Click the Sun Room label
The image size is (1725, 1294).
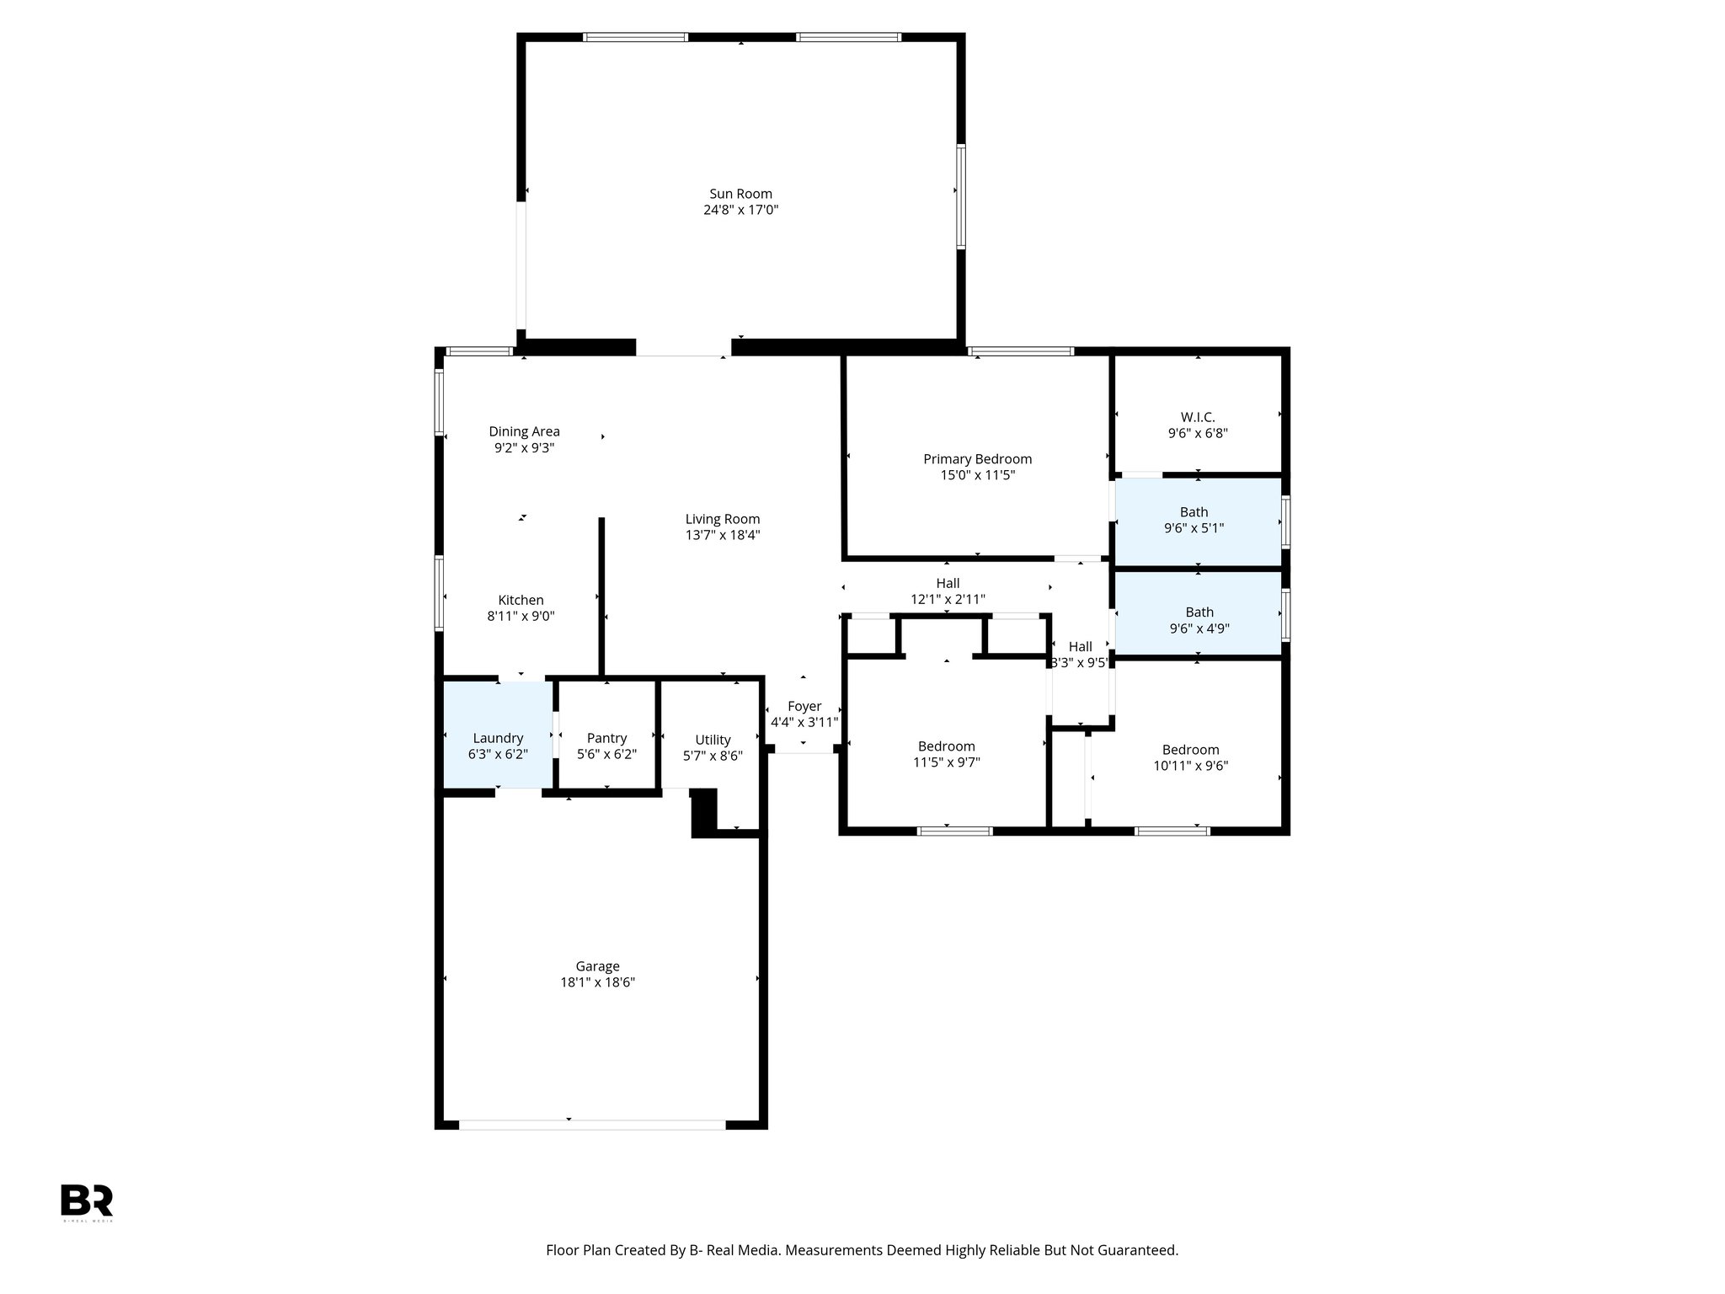(740, 194)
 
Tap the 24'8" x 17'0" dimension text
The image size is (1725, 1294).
(740, 211)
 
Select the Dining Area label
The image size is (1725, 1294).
(524, 431)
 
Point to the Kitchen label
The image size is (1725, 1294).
(521, 600)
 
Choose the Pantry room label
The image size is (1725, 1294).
(606, 738)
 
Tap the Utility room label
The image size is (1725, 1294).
(713, 740)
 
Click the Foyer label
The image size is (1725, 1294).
(804, 707)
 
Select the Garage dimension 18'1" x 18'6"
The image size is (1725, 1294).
(597, 982)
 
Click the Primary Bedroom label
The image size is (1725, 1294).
(977, 459)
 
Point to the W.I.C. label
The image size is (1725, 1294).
(1197, 417)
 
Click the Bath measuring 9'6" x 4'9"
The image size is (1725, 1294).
(1199, 620)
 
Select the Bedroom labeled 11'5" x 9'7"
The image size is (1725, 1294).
(946, 754)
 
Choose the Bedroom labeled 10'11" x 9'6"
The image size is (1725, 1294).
(1190, 757)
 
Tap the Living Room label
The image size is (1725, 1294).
(722, 519)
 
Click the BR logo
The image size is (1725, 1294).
(86, 1200)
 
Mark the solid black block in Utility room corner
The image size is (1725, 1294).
(704, 812)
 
